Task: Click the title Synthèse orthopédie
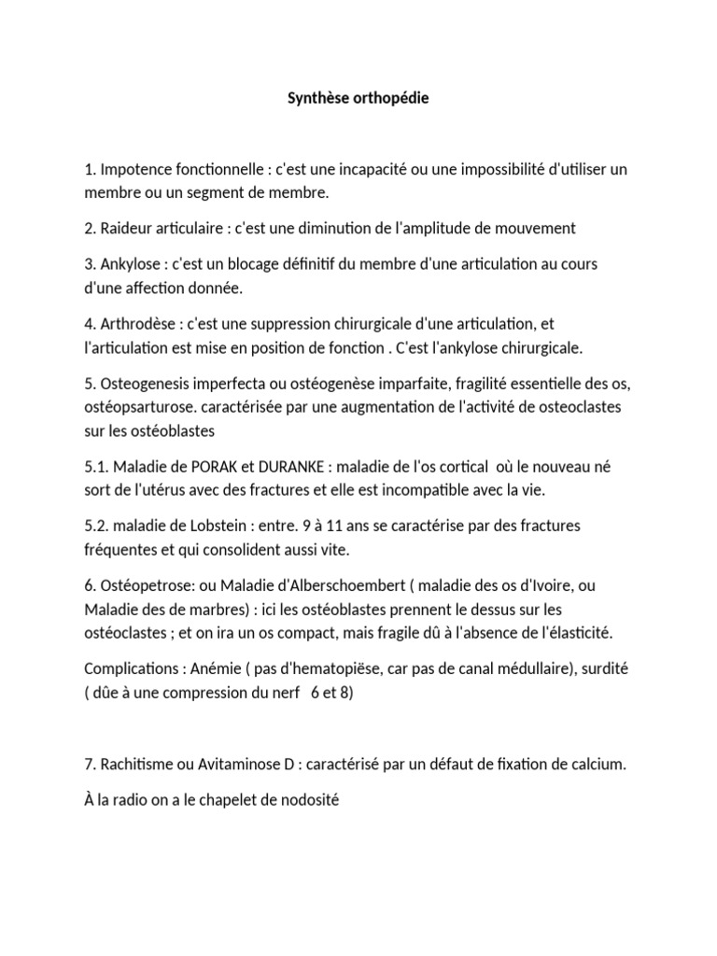358,98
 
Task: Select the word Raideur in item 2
126,228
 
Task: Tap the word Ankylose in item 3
130,264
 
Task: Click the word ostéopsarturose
136,407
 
